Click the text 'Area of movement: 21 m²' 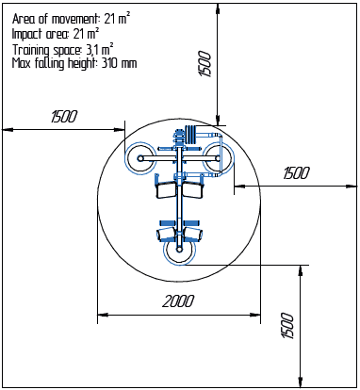coord(71,17)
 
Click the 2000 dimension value coord(177,301)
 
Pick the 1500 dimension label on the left coord(64,116)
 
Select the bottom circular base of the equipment coord(180,251)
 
